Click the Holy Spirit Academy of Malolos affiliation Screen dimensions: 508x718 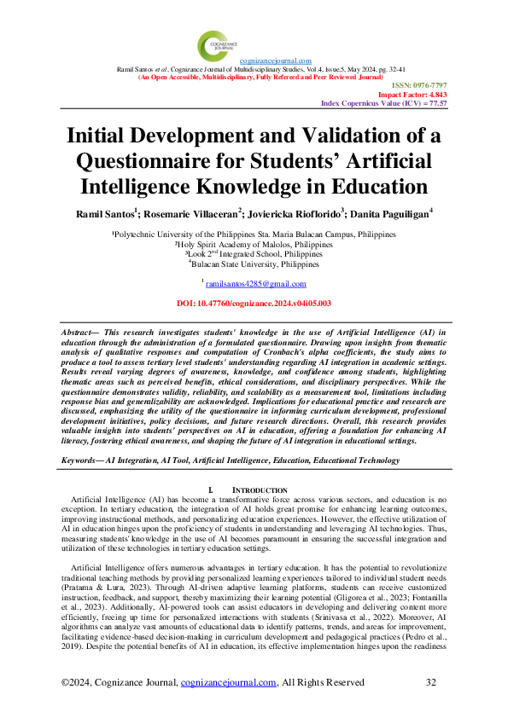click(x=253, y=244)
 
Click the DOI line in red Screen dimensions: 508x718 click(x=253, y=303)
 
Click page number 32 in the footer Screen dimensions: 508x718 click(x=430, y=682)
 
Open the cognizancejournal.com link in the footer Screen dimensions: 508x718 click(x=231, y=682)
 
